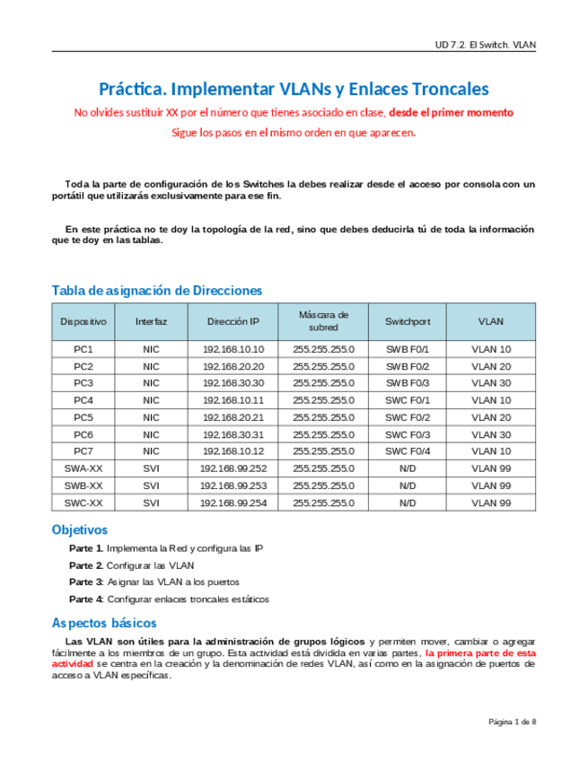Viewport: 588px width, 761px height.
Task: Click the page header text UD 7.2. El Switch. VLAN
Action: tap(485, 43)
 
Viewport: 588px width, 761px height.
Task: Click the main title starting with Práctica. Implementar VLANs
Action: tap(294, 89)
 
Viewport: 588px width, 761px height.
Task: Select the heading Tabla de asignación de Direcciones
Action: tap(157, 290)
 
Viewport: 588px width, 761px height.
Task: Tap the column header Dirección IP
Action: tap(233, 321)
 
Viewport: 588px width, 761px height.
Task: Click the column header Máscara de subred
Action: tap(323, 321)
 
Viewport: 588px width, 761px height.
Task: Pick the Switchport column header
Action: tap(408, 321)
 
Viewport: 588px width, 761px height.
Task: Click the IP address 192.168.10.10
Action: tap(233, 349)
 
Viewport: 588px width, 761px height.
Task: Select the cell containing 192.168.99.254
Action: tap(233, 503)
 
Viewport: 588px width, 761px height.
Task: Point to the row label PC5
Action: tap(83, 417)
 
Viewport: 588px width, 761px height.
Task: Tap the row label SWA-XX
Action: tap(83, 468)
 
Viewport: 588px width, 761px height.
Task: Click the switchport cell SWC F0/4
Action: tap(408, 451)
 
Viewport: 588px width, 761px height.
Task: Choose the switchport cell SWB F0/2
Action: tap(408, 366)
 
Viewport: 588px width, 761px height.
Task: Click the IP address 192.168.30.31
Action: tap(233, 434)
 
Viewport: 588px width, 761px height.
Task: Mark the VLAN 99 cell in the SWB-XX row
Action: tap(491, 485)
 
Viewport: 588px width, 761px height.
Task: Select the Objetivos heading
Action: tap(80, 529)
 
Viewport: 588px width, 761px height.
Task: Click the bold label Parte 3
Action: tap(86, 582)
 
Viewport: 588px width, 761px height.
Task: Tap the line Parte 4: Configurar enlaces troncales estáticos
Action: tap(169, 599)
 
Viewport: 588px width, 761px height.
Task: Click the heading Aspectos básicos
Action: tap(104, 623)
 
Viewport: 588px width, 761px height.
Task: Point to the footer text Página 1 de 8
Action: tap(512, 721)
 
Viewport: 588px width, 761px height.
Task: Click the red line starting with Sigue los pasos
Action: tap(294, 133)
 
